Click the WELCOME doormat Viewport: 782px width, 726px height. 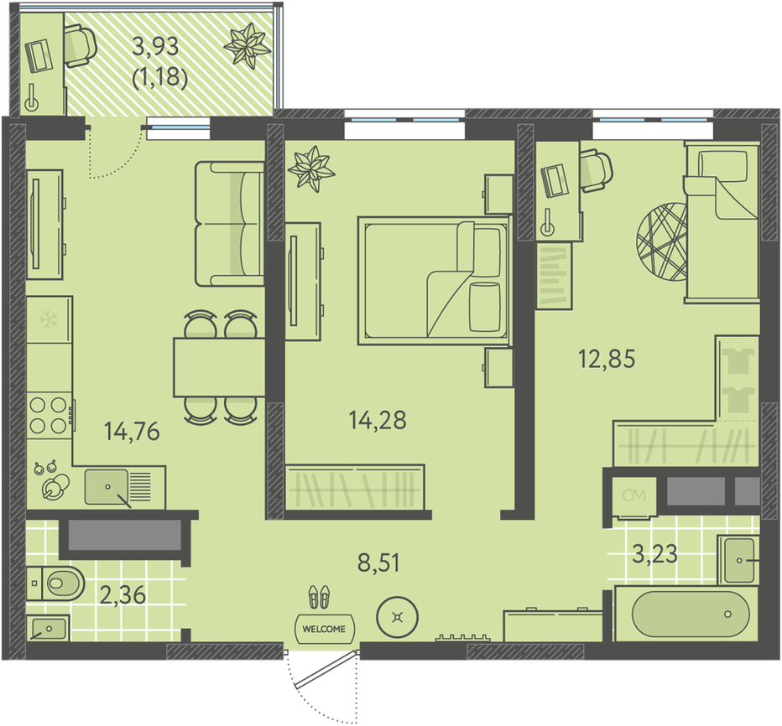pos(324,629)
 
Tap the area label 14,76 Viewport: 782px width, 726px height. pos(132,432)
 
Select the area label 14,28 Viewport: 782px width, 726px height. pos(378,420)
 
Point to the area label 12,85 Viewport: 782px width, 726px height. pos(607,359)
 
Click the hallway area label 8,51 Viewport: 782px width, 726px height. pos(378,563)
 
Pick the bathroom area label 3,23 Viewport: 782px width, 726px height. pos(654,553)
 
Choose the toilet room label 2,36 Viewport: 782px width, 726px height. pos(123,595)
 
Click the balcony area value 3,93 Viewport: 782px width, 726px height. pos(155,46)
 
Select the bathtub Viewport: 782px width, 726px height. pos(691,614)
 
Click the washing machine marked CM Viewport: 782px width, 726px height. pos(633,496)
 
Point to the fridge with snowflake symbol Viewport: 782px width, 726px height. pos(50,319)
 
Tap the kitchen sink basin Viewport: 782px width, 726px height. pos(107,486)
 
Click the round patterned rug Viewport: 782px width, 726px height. pos(662,241)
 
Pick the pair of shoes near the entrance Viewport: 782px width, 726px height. pos(319,596)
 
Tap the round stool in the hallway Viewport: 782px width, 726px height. pos(397,618)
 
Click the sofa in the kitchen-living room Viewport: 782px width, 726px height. pos(229,224)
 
